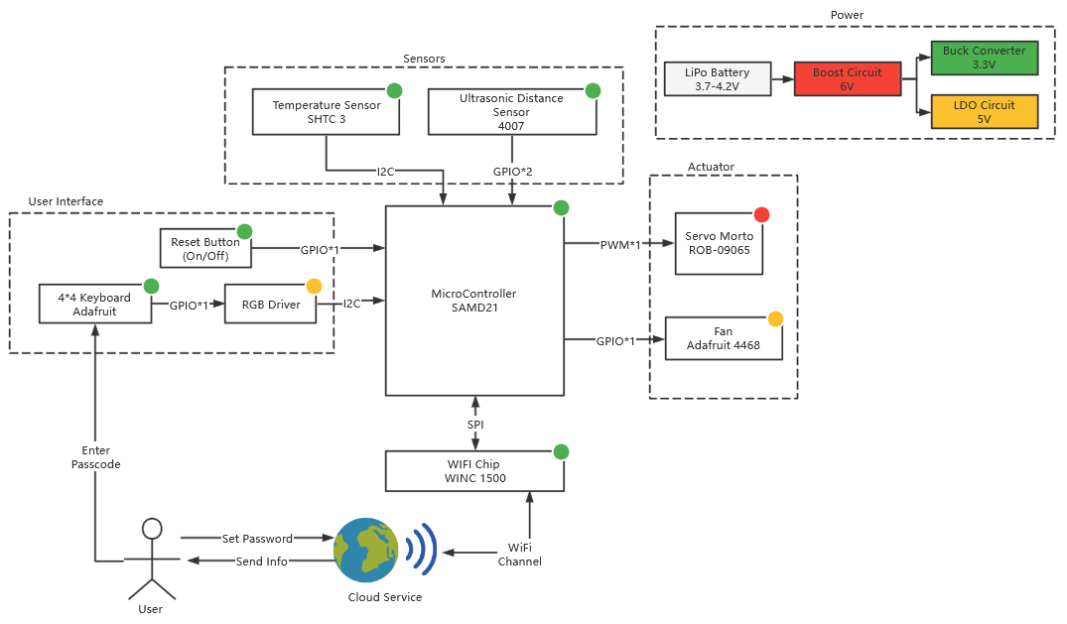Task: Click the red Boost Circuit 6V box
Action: click(848, 78)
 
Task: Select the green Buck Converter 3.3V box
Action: click(984, 58)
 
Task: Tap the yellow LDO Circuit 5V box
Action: click(984, 111)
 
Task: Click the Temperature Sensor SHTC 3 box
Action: click(327, 112)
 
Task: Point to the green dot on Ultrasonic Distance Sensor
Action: click(593, 90)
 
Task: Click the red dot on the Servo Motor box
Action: click(761, 214)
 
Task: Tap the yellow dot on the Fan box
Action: click(775, 318)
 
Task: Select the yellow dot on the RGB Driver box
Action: click(314, 286)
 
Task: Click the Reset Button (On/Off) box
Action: click(205, 248)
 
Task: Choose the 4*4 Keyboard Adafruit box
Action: click(94, 304)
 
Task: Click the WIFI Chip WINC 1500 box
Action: click(474, 471)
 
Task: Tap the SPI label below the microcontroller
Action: click(475, 425)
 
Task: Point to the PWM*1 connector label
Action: click(620, 244)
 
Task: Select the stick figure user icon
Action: click(151, 560)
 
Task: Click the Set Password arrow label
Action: click(256, 539)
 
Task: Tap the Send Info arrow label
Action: click(262, 562)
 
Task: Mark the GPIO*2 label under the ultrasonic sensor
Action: click(512, 172)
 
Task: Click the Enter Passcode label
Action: click(96, 457)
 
